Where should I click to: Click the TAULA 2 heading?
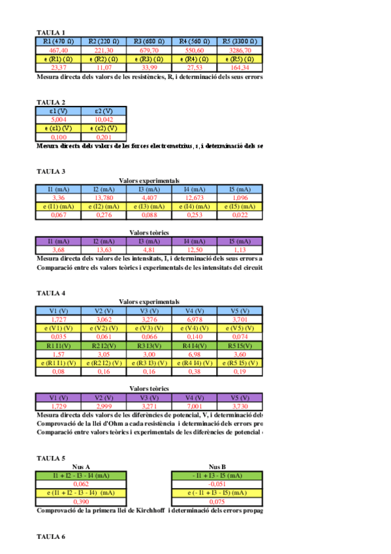tap(50, 102)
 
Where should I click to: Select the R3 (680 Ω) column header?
tap(149, 41)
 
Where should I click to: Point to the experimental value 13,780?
tap(104, 197)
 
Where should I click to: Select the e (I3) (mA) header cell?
tap(149, 206)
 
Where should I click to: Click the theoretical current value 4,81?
tap(149, 250)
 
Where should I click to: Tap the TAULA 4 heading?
tap(50, 293)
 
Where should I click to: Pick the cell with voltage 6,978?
tap(195, 319)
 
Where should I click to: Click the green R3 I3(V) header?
tap(149, 345)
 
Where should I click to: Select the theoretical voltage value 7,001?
tap(195, 406)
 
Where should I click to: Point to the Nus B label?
tap(217, 466)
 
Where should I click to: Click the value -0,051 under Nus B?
tap(217, 484)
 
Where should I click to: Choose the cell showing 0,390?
tap(81, 501)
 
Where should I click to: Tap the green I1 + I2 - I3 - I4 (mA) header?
tap(81, 476)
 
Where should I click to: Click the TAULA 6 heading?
tap(50, 536)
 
